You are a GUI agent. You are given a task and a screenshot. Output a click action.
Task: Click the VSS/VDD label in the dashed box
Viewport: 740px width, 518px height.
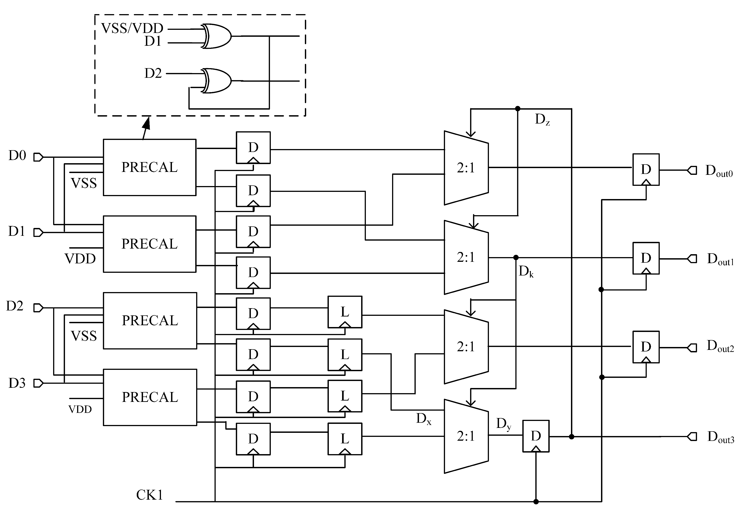click(132, 28)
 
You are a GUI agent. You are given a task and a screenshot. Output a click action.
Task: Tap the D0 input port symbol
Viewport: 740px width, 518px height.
click(38, 157)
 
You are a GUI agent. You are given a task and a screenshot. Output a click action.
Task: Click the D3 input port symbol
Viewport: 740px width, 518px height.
click(38, 383)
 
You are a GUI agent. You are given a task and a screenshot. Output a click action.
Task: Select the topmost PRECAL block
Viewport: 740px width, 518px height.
click(150, 167)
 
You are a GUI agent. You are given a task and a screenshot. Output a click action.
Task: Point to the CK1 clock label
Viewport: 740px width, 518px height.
click(150, 495)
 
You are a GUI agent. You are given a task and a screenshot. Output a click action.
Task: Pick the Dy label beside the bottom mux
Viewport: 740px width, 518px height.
click(503, 424)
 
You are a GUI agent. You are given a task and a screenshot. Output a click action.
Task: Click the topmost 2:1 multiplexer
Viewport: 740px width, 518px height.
click(466, 168)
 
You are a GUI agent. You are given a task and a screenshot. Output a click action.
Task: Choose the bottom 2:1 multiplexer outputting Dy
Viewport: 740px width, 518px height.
click(466, 436)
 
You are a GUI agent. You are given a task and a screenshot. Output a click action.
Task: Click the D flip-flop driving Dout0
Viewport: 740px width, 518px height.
click(646, 169)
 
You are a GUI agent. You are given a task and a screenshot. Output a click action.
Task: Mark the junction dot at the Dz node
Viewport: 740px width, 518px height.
click(518, 109)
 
